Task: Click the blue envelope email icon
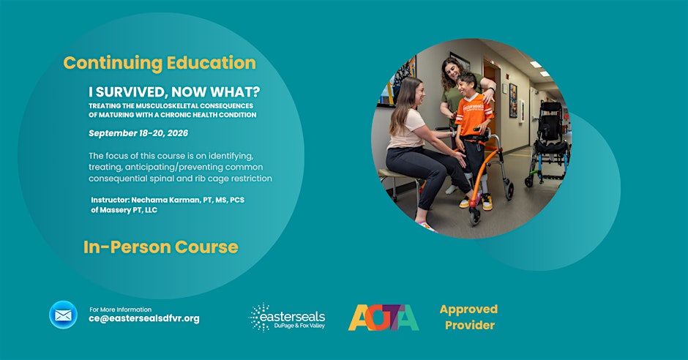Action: [63, 315]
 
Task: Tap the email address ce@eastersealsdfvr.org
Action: [144, 319]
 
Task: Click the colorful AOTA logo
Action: [383, 318]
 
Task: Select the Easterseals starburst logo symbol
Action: [260, 317]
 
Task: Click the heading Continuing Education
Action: [160, 63]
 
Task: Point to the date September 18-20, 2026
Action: [138, 133]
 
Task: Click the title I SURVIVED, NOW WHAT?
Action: [174, 92]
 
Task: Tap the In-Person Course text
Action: [160, 247]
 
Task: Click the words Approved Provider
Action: [468, 317]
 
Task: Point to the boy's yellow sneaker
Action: [487, 202]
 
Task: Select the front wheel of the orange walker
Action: [474, 216]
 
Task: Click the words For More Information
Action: [120, 310]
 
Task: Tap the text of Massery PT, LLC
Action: [124, 210]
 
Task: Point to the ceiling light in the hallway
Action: [536, 64]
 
